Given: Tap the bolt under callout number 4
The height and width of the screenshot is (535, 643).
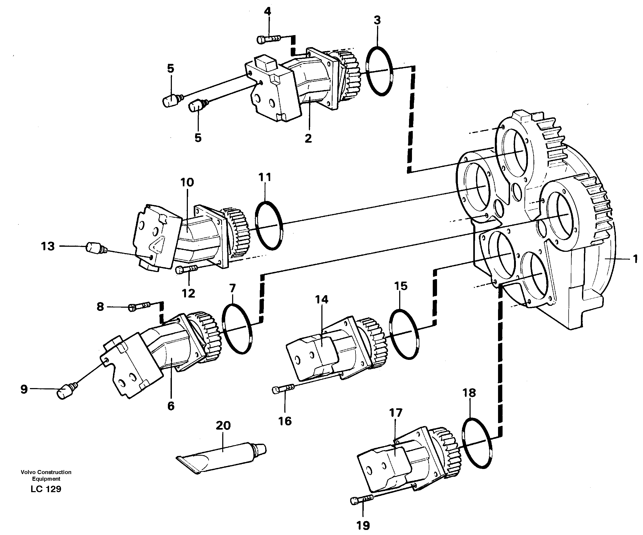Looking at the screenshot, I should [x=269, y=39].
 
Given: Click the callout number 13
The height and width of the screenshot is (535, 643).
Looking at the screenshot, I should [x=48, y=246].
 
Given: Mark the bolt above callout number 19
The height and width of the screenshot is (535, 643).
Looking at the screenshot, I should [x=361, y=501].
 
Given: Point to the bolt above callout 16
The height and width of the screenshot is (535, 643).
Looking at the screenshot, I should [x=283, y=389].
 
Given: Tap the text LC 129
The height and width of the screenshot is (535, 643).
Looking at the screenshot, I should [x=46, y=489].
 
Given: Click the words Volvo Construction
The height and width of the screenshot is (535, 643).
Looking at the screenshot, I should [x=46, y=472].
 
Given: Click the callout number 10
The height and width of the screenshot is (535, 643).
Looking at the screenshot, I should [x=187, y=183].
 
